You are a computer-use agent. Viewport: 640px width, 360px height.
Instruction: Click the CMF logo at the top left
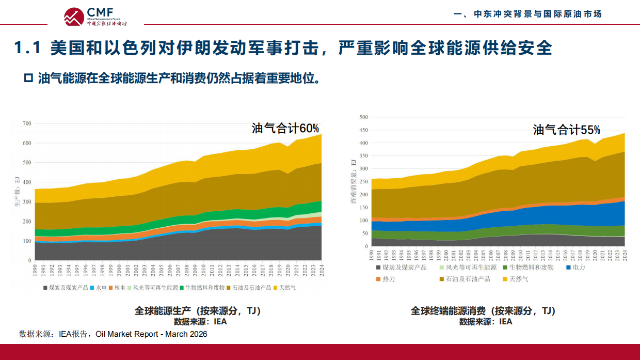(x=95, y=17)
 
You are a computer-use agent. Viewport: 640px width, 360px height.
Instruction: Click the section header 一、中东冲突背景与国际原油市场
(x=527, y=14)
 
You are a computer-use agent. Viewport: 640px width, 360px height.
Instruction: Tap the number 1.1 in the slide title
(x=27, y=48)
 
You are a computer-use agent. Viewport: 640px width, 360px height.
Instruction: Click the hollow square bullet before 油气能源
(x=29, y=79)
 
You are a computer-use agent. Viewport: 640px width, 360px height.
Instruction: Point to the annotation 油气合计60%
(x=285, y=128)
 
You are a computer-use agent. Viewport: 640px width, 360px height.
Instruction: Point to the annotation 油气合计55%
(x=566, y=130)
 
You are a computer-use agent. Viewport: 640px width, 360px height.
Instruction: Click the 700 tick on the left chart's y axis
(x=27, y=123)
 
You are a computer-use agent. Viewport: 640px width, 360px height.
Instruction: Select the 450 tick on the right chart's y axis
(x=363, y=130)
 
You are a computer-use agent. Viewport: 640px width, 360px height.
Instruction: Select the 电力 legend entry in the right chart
(x=575, y=268)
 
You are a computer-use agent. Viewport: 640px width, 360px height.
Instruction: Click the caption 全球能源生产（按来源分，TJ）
(x=198, y=311)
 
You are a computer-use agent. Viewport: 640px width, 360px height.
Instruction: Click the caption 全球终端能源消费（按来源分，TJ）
(x=483, y=311)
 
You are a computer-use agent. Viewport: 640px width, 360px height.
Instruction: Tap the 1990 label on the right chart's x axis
(x=372, y=255)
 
